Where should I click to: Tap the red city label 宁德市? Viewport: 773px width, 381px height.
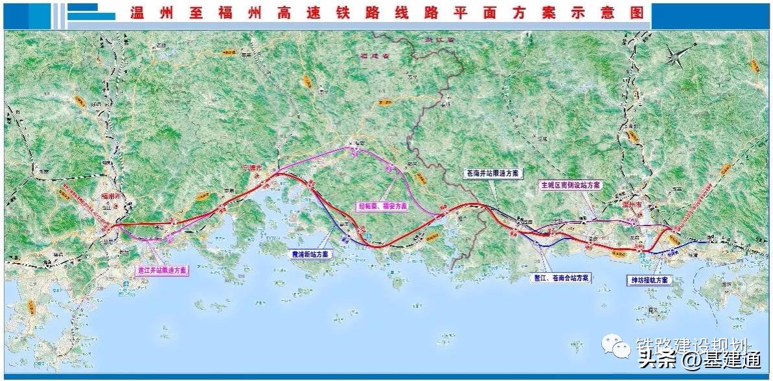[251, 168]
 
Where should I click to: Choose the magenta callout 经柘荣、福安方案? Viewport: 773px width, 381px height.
[383, 206]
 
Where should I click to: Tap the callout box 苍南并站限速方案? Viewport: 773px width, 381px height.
[493, 174]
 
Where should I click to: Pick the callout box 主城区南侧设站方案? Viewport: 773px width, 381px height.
[571, 185]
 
